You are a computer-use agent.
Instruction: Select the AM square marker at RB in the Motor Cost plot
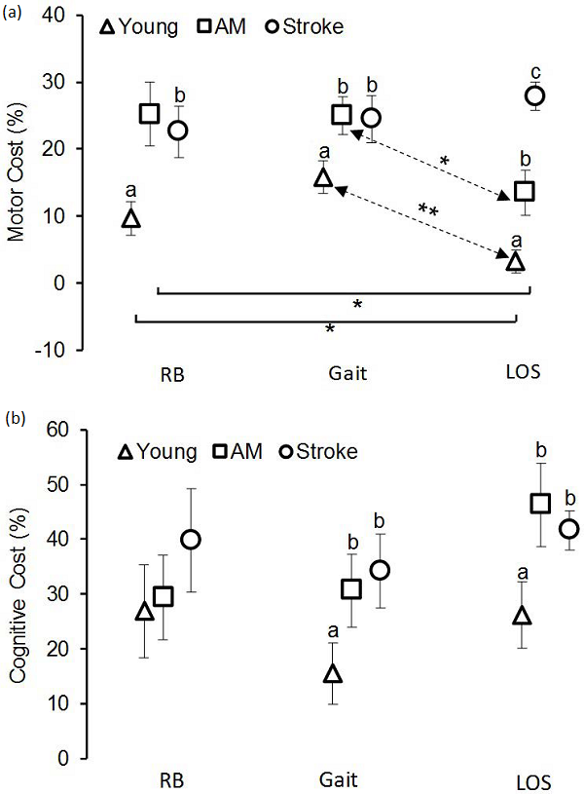click(x=149, y=114)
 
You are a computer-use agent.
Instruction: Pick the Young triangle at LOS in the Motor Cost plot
click(x=516, y=261)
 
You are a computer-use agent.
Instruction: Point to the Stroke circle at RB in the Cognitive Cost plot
click(x=192, y=539)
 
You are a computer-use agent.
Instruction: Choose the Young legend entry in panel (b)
click(x=161, y=451)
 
